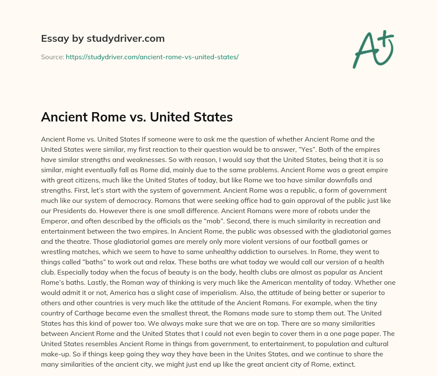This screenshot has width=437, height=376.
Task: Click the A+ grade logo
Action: pyautogui.click(x=372, y=49)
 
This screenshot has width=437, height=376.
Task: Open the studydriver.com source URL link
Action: pyautogui.click(x=152, y=57)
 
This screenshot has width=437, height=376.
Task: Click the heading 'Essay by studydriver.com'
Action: pyautogui.click(x=102, y=38)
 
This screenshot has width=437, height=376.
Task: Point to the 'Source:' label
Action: pyautogui.click(x=52, y=57)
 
